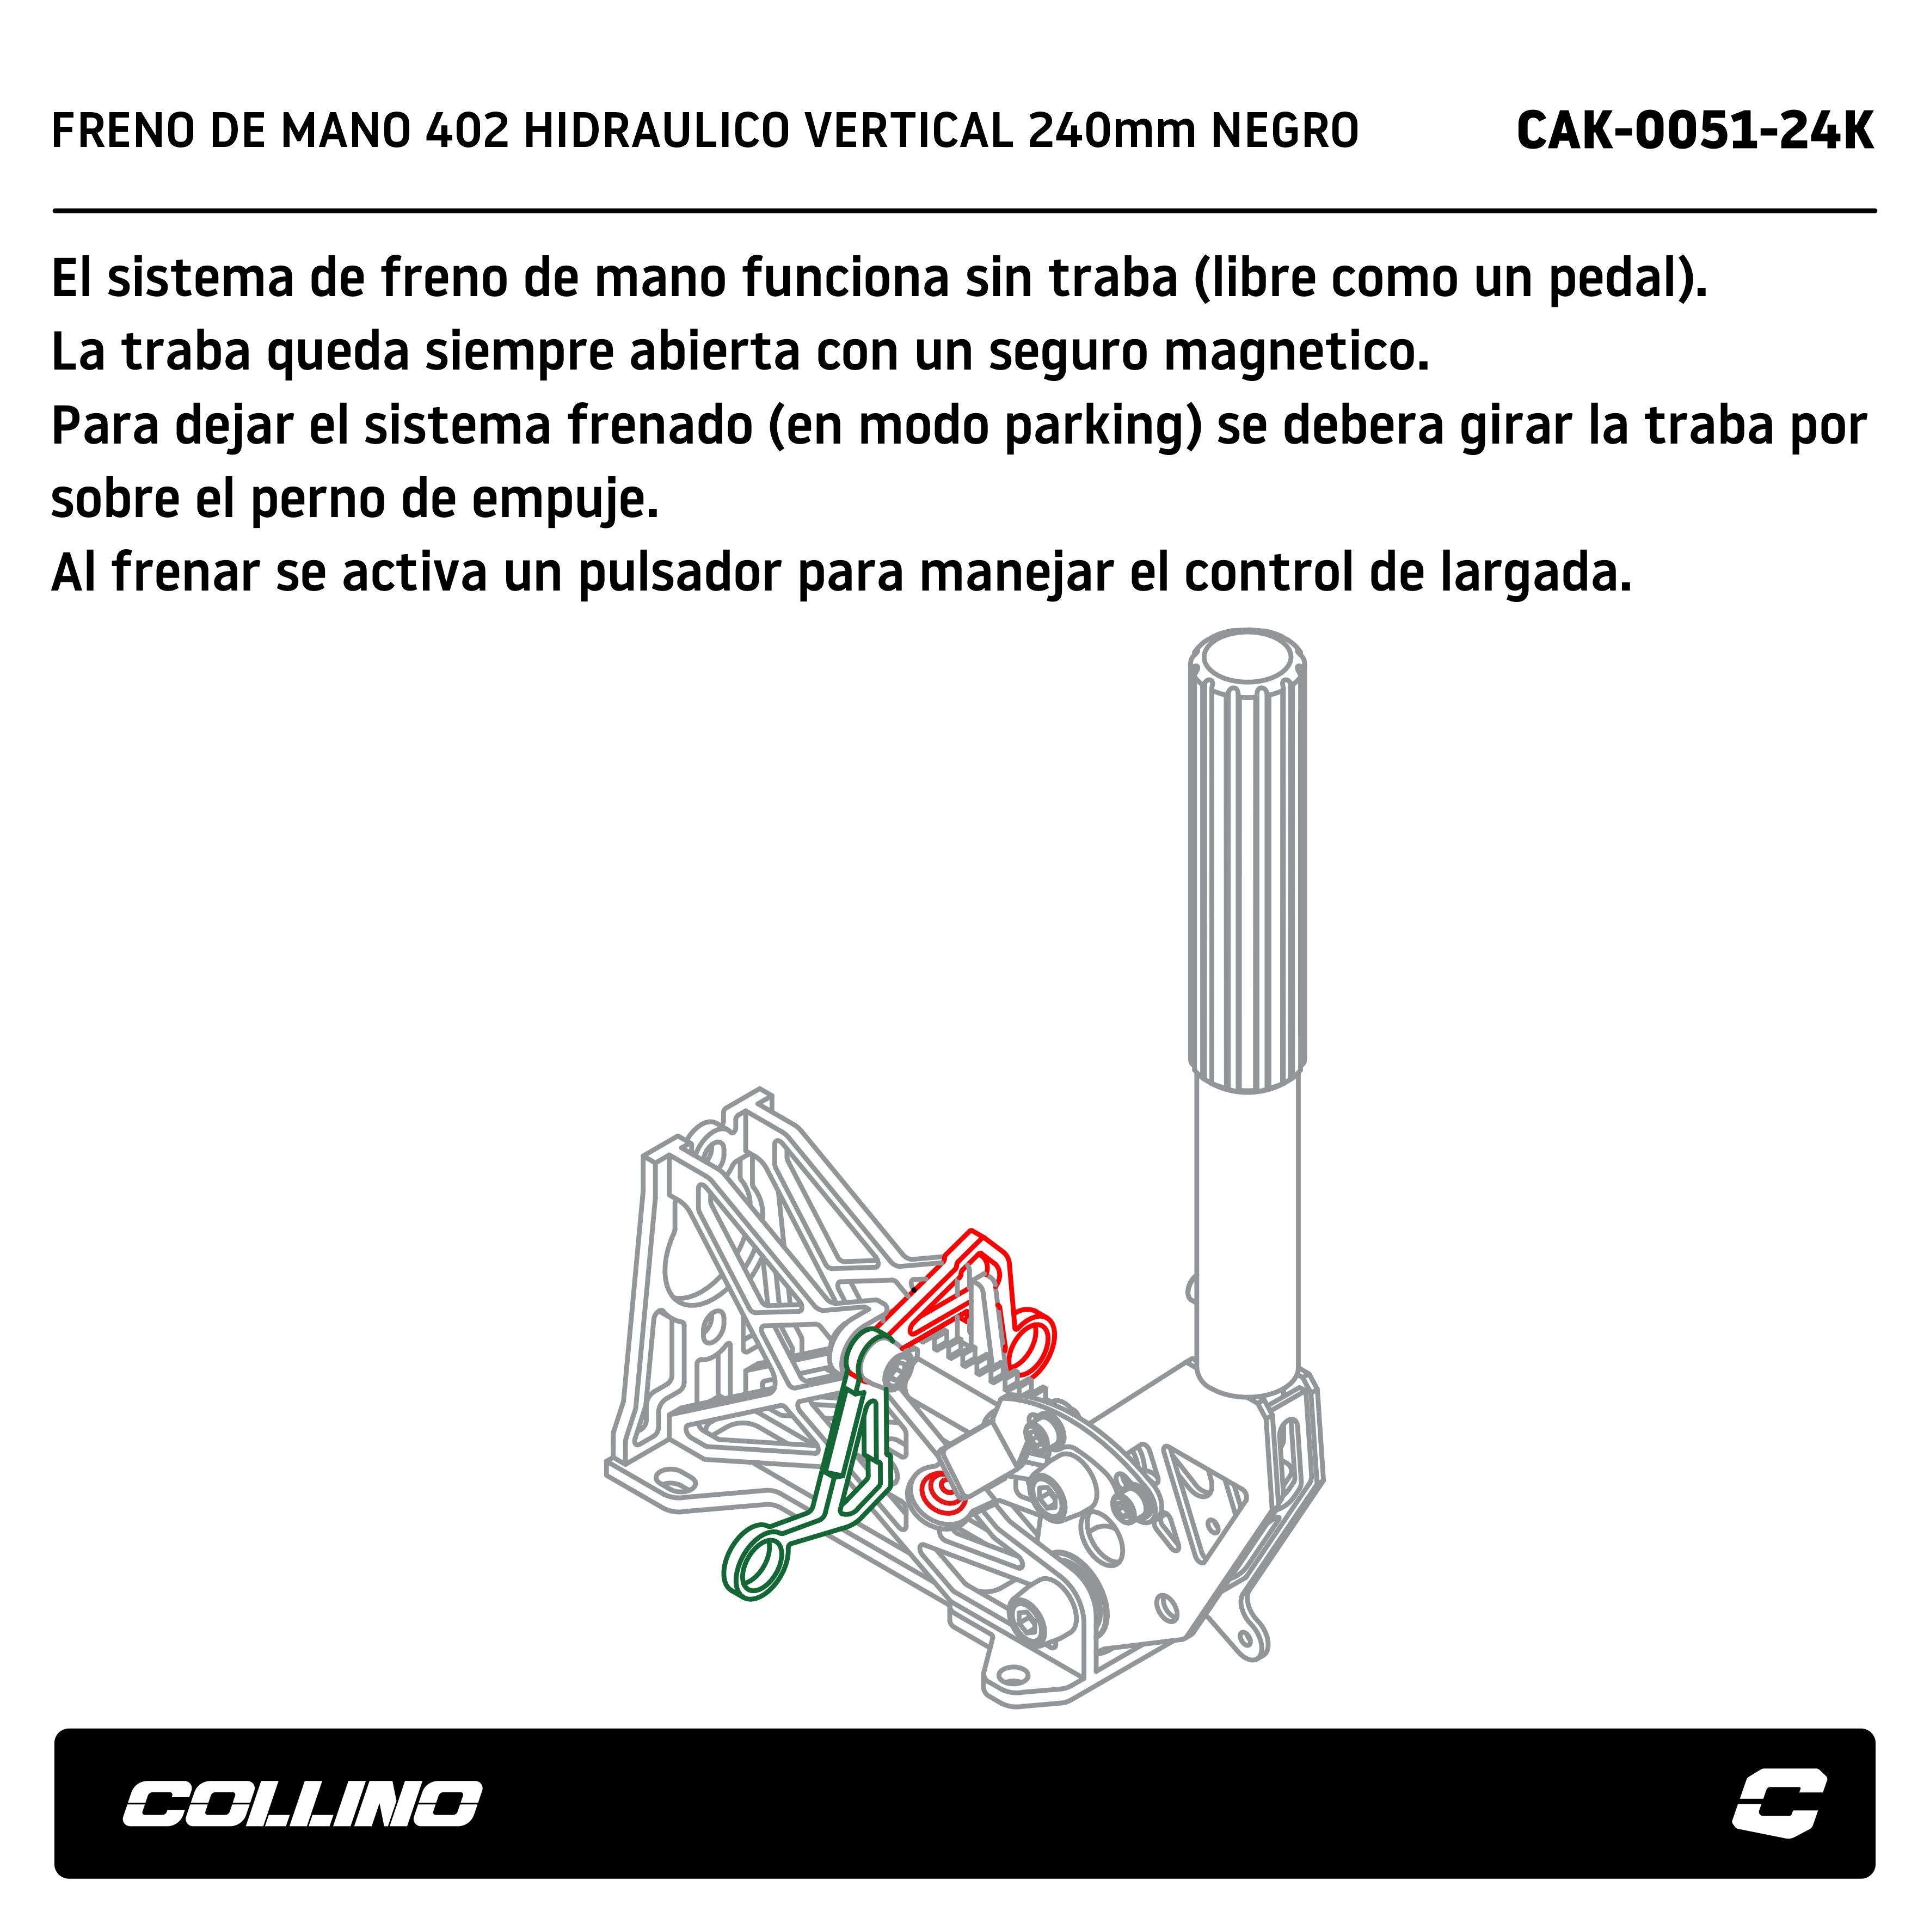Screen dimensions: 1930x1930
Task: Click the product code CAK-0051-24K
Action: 1694,131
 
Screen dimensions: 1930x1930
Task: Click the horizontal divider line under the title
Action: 965,211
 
